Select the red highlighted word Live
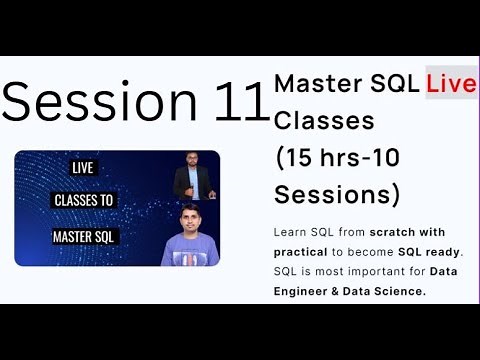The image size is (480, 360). [451, 84]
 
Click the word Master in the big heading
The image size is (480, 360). [310, 84]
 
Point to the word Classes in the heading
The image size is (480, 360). [323, 121]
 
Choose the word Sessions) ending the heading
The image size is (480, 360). [337, 193]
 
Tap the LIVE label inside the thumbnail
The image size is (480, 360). [84, 170]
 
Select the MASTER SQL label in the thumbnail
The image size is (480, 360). [84, 238]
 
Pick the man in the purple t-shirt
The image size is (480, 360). [190, 240]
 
